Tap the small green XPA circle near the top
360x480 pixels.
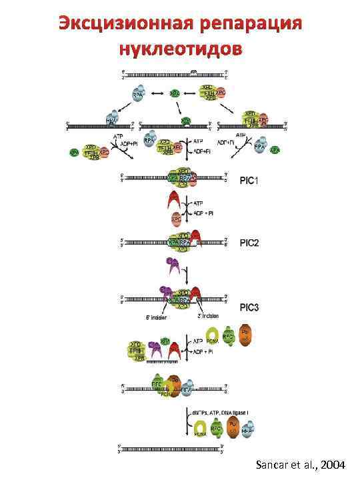click(x=175, y=94)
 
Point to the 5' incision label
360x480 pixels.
click(x=153, y=318)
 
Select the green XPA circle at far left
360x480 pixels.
click(x=74, y=152)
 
